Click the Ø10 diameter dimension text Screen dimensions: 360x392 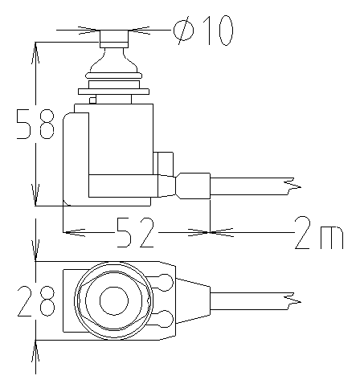[203, 31]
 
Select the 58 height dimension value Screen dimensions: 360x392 [35, 124]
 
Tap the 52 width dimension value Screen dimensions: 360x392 [135, 232]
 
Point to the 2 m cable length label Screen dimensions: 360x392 [319, 233]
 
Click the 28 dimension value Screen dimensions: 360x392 [36, 300]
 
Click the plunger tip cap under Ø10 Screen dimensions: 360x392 [114, 39]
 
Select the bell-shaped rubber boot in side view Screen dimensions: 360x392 [114, 63]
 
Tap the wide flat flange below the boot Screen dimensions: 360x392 [113, 92]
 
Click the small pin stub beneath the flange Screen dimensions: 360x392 [92, 100]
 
